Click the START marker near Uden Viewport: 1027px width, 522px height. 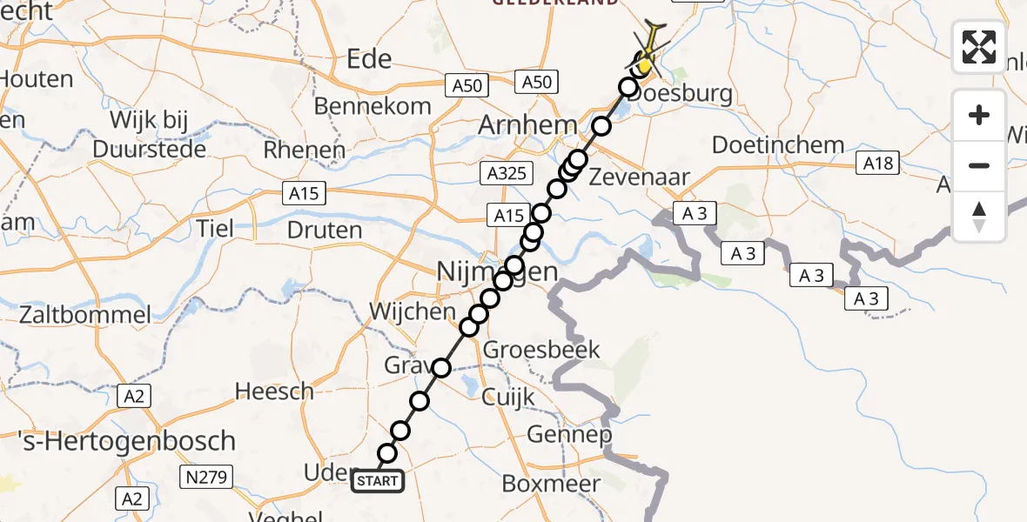tap(378, 481)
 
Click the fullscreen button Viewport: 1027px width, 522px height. tap(979, 47)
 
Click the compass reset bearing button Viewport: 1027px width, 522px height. tap(979, 217)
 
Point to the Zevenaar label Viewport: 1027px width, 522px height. tap(640, 177)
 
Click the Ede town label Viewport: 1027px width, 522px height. tap(370, 59)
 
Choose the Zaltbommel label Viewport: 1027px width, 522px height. tap(76, 314)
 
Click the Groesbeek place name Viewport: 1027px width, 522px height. tap(541, 350)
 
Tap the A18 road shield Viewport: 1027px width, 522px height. tap(877, 164)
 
